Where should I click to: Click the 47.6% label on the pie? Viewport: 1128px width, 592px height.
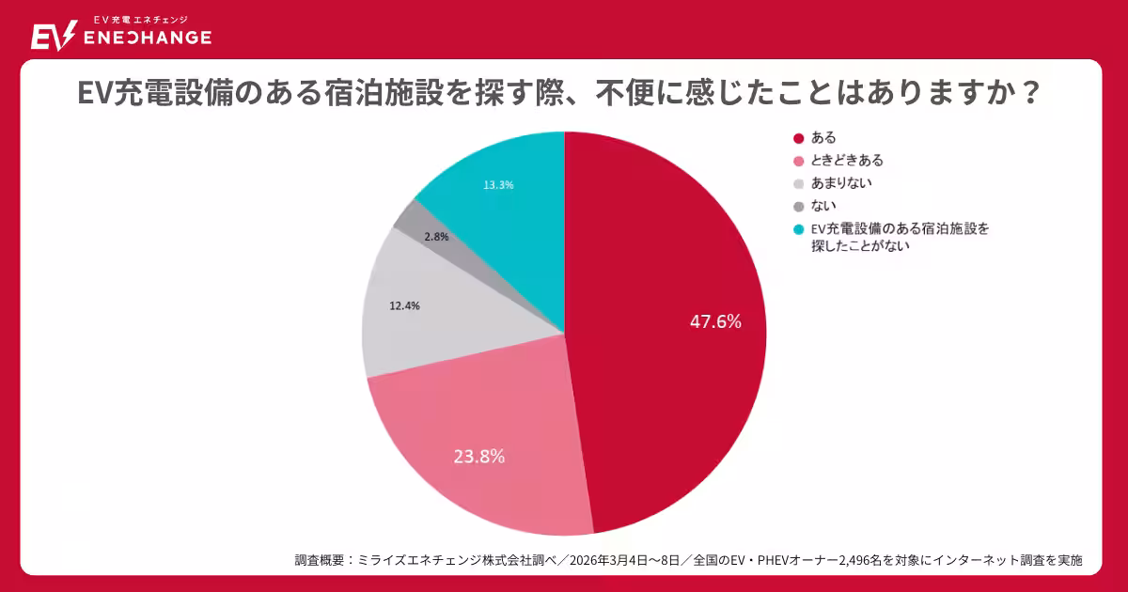pos(715,321)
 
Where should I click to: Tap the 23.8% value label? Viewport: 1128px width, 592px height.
pos(479,457)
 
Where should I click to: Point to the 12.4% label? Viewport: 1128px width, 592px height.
pos(404,305)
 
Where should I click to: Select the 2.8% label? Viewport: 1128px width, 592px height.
pos(435,237)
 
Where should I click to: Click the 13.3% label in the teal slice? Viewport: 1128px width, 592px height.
pos(498,185)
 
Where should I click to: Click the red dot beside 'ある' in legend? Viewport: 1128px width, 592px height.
pos(799,138)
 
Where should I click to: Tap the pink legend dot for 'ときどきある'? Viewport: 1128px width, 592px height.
pos(799,161)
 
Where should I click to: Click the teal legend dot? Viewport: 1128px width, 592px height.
pos(799,228)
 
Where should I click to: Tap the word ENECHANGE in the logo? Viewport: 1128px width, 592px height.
pos(148,38)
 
